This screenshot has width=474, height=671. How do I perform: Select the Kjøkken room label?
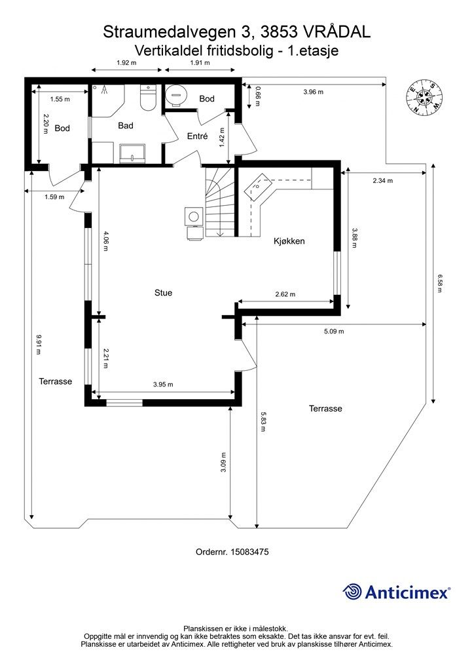pos(289,241)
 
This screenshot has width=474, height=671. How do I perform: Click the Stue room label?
pos(163,293)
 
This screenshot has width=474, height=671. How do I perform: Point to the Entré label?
pos(198,136)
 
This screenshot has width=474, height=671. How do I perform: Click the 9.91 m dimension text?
pos(39,345)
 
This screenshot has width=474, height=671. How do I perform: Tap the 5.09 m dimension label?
pos(334,331)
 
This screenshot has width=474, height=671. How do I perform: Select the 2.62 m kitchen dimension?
pos(285,294)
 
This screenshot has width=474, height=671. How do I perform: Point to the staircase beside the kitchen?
pos(221,202)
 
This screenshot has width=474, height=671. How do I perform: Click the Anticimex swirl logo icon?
pos(352,592)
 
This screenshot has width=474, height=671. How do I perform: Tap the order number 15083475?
pos(249,552)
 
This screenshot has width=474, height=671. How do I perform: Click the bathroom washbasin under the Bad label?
pos(133,153)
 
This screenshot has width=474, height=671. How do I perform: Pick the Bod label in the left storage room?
pos(62,128)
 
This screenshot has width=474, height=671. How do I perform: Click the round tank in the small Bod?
pos(176,94)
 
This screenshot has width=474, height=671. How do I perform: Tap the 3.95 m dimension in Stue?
pos(163,384)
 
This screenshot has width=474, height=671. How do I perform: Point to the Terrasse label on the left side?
pos(56,381)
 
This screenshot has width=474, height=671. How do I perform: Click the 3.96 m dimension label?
pos(314,92)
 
